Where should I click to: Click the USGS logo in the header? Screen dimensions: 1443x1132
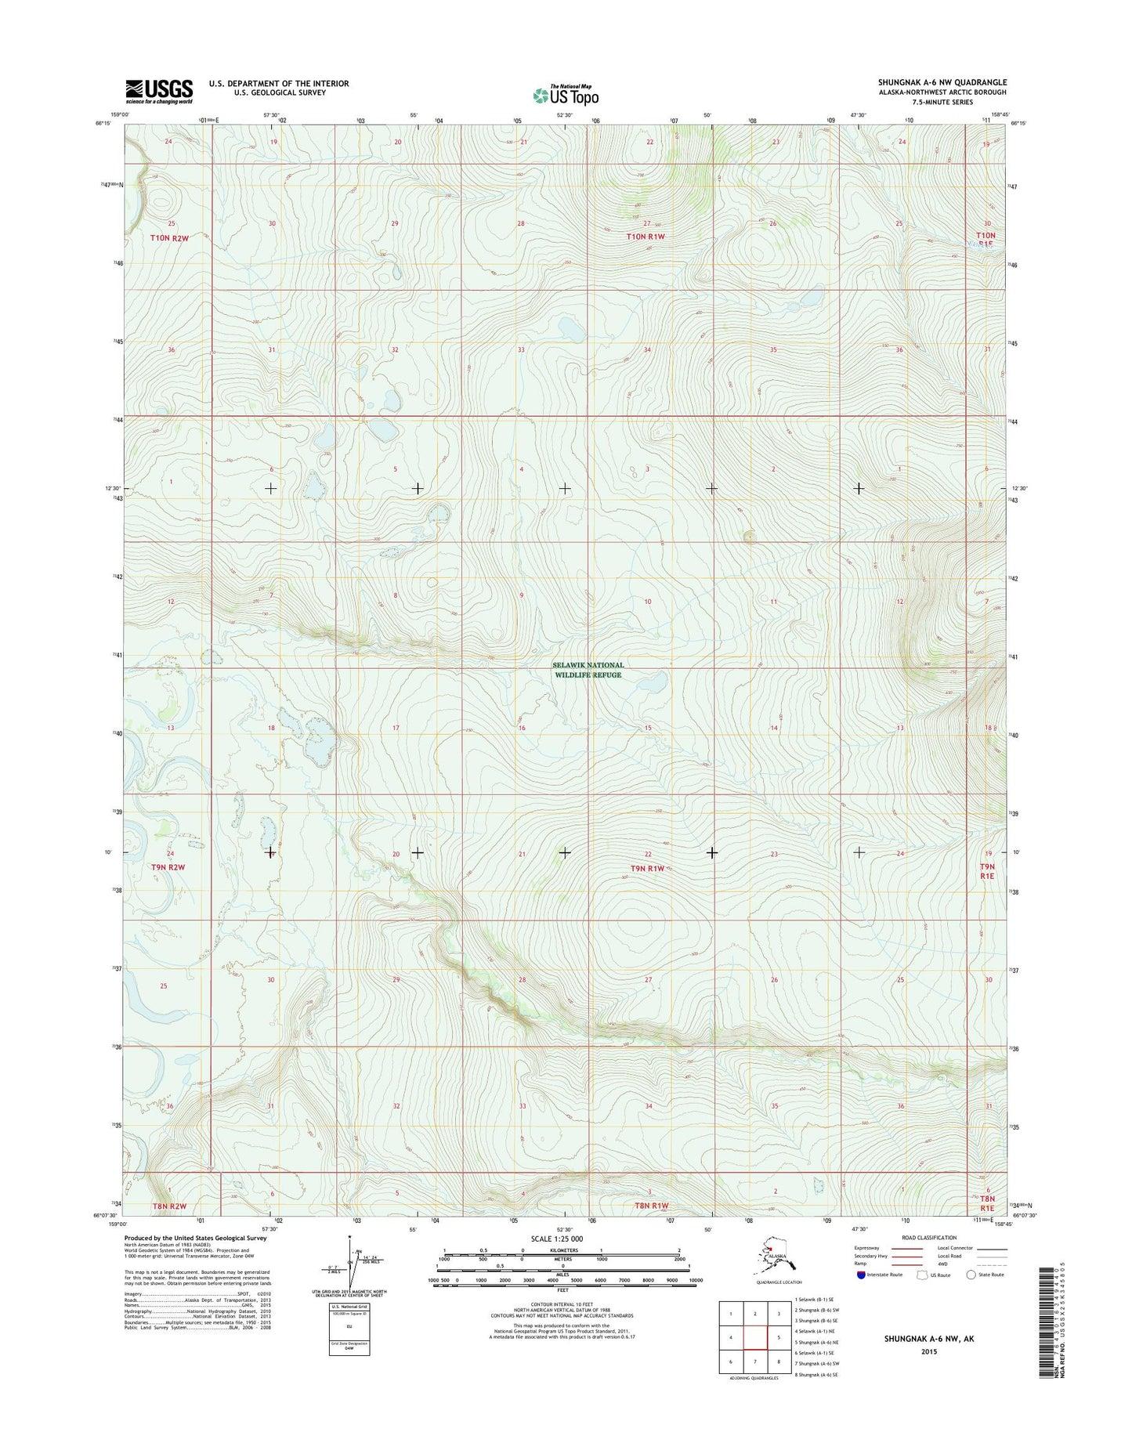159,91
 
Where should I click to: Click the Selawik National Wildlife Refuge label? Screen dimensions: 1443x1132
588,670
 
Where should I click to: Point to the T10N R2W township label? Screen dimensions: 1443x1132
170,237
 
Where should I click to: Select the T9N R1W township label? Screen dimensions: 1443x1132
647,868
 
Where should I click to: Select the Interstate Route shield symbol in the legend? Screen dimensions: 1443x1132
861,1275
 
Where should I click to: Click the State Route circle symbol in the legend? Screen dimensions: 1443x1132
971,1275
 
